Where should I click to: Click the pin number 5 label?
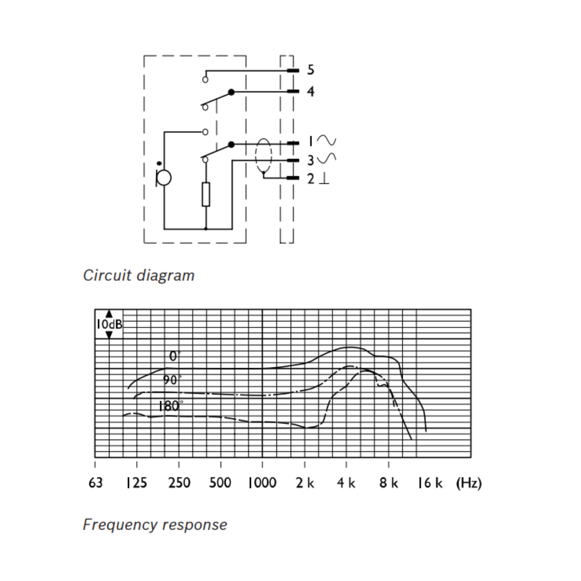click(311, 70)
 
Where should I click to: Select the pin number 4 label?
click(311, 92)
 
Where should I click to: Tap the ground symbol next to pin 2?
click(324, 179)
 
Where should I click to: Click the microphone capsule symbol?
click(163, 177)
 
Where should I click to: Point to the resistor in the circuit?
click(206, 194)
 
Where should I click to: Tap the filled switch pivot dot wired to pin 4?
click(231, 92)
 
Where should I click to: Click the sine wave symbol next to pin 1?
click(327, 140)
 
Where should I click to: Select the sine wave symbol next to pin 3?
click(327, 158)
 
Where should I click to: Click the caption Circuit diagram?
click(139, 275)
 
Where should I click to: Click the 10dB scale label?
click(109, 324)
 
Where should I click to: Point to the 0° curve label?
click(175, 356)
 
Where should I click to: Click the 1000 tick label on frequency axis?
click(262, 483)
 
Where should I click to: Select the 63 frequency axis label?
click(96, 483)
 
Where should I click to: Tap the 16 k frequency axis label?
click(430, 483)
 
